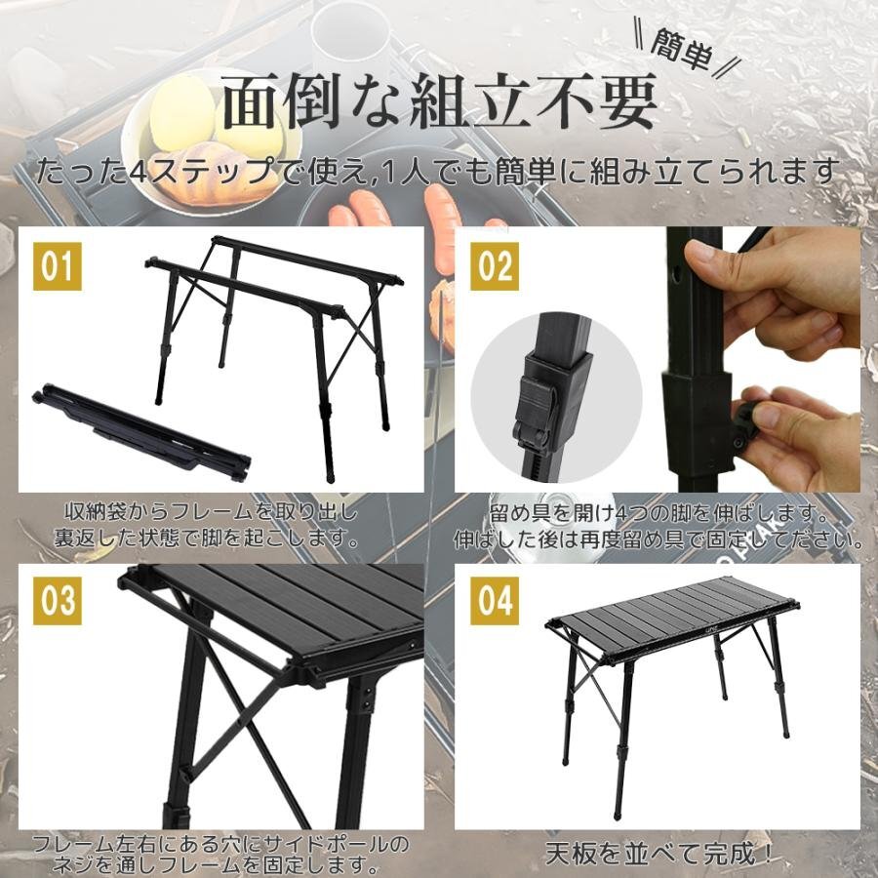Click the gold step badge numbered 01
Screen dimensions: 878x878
point(57,266)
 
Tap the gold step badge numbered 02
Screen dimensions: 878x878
point(493,266)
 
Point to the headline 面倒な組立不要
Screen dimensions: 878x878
point(438,104)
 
